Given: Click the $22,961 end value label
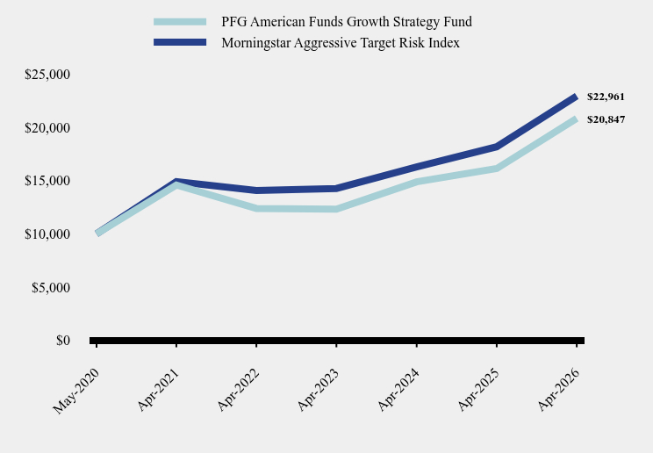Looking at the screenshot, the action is click(x=606, y=97).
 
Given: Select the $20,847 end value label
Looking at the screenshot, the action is click(x=606, y=120).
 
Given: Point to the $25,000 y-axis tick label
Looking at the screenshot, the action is click(x=47, y=75).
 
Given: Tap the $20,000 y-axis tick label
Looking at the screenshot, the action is click(x=47, y=128).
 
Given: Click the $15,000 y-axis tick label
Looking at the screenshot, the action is click(x=47, y=181).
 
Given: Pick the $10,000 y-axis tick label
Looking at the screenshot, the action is click(x=47, y=234).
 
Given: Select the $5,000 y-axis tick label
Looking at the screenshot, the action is click(x=51, y=288).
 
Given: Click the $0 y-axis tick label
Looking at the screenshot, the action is click(x=63, y=341).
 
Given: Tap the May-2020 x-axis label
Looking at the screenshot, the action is click(x=76, y=391).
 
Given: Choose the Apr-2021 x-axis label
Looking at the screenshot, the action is click(x=158, y=390).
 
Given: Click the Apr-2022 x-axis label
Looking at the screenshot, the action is click(x=239, y=390).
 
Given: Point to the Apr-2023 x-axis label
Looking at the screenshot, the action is click(x=319, y=390).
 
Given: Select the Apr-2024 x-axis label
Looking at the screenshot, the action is click(x=398, y=390).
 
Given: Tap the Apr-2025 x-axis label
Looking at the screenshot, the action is click(x=478, y=390).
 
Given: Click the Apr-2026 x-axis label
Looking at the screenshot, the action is click(x=558, y=390).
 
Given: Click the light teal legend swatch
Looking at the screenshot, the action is click(x=180, y=22).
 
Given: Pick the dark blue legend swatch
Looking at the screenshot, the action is click(x=180, y=42).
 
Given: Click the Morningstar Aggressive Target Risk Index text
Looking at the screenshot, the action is click(x=341, y=43).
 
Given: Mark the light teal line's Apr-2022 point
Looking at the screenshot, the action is click(x=256, y=208).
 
